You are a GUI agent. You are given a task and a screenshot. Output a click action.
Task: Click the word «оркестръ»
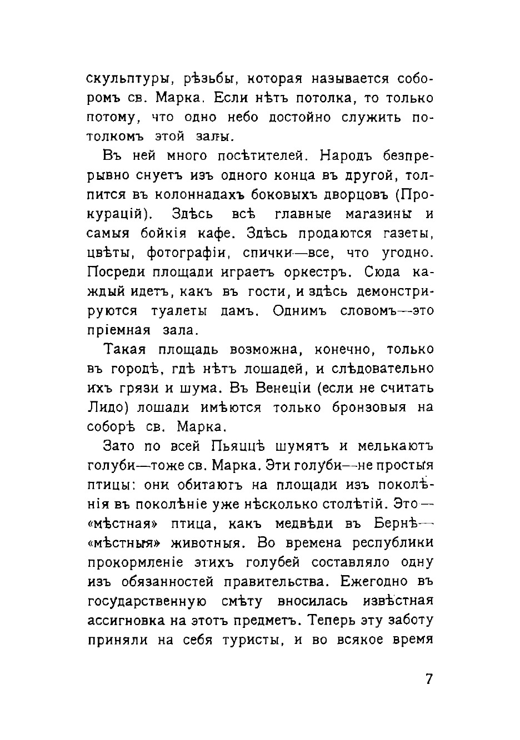[313, 273]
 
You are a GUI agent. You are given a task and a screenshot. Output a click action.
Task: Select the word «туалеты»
[179, 311]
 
